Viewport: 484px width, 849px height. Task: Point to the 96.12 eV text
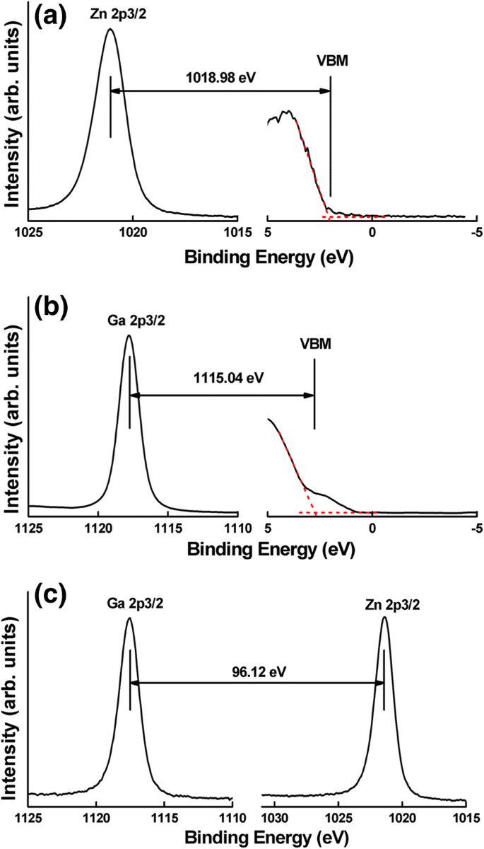[257, 668]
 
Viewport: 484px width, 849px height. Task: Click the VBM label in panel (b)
[314, 343]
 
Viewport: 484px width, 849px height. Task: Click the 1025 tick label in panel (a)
[29, 231]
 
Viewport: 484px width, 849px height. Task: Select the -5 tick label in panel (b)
[476, 529]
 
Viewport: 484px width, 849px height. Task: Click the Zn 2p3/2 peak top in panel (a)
[110, 30]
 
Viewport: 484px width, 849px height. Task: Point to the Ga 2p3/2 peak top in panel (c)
[129, 618]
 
